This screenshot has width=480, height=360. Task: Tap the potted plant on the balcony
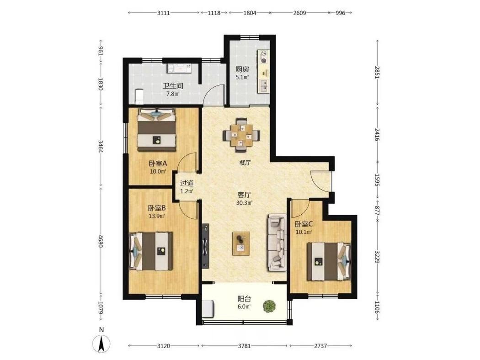[269, 306]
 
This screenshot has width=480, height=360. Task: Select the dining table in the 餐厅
[241, 135]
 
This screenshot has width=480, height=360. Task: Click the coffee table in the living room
[241, 244]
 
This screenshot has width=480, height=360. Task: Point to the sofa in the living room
[277, 243]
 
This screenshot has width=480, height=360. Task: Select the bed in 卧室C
[329, 261]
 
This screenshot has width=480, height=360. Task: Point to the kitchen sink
[264, 85]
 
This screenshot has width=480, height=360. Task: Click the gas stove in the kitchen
[264, 57]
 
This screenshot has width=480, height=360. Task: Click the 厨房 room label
[242, 69]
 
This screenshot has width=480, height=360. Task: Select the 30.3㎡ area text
[244, 203]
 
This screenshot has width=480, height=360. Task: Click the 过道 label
[187, 184]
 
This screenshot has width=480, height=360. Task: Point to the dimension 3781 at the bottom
[244, 346]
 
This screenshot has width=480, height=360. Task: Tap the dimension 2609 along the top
[299, 13]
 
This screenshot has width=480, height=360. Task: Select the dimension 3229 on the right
[377, 257]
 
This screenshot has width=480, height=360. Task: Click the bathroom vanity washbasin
[179, 68]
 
